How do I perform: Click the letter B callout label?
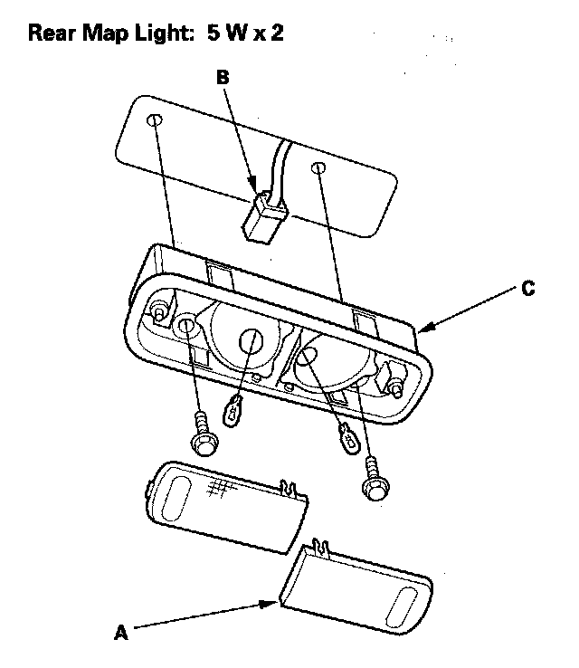(x=223, y=79)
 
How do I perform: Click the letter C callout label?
(x=527, y=290)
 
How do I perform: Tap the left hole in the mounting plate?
(x=155, y=120)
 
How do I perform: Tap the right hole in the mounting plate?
(x=318, y=167)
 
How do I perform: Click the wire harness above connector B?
(x=281, y=167)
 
